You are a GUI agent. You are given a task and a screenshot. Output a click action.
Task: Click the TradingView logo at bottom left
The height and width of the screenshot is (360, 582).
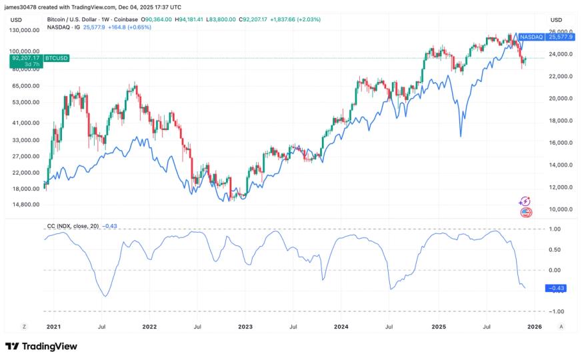click(x=41, y=346)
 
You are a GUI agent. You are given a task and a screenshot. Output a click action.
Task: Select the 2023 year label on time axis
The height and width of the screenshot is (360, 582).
click(x=245, y=327)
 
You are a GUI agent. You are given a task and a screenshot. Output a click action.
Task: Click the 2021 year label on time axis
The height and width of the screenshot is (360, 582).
click(x=53, y=327)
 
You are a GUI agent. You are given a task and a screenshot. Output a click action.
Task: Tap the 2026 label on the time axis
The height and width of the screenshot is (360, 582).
click(x=534, y=327)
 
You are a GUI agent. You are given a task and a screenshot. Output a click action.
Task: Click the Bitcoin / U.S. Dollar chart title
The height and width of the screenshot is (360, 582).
click(x=79, y=19)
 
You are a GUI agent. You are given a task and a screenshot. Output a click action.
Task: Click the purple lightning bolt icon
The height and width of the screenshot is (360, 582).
click(x=525, y=201)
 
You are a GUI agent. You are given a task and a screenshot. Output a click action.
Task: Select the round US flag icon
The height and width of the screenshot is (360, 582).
click(x=525, y=213)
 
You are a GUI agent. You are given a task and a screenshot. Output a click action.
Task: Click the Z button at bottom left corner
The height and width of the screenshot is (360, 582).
click(x=24, y=327)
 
